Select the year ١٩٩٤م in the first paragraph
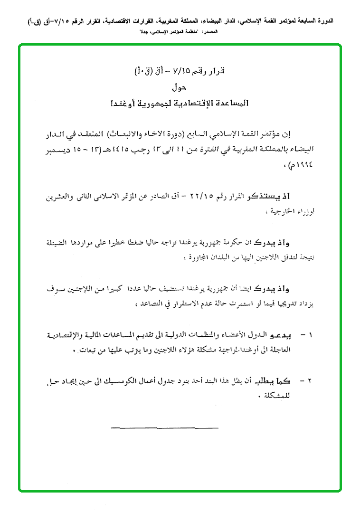pyautogui.click(x=300, y=167)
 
